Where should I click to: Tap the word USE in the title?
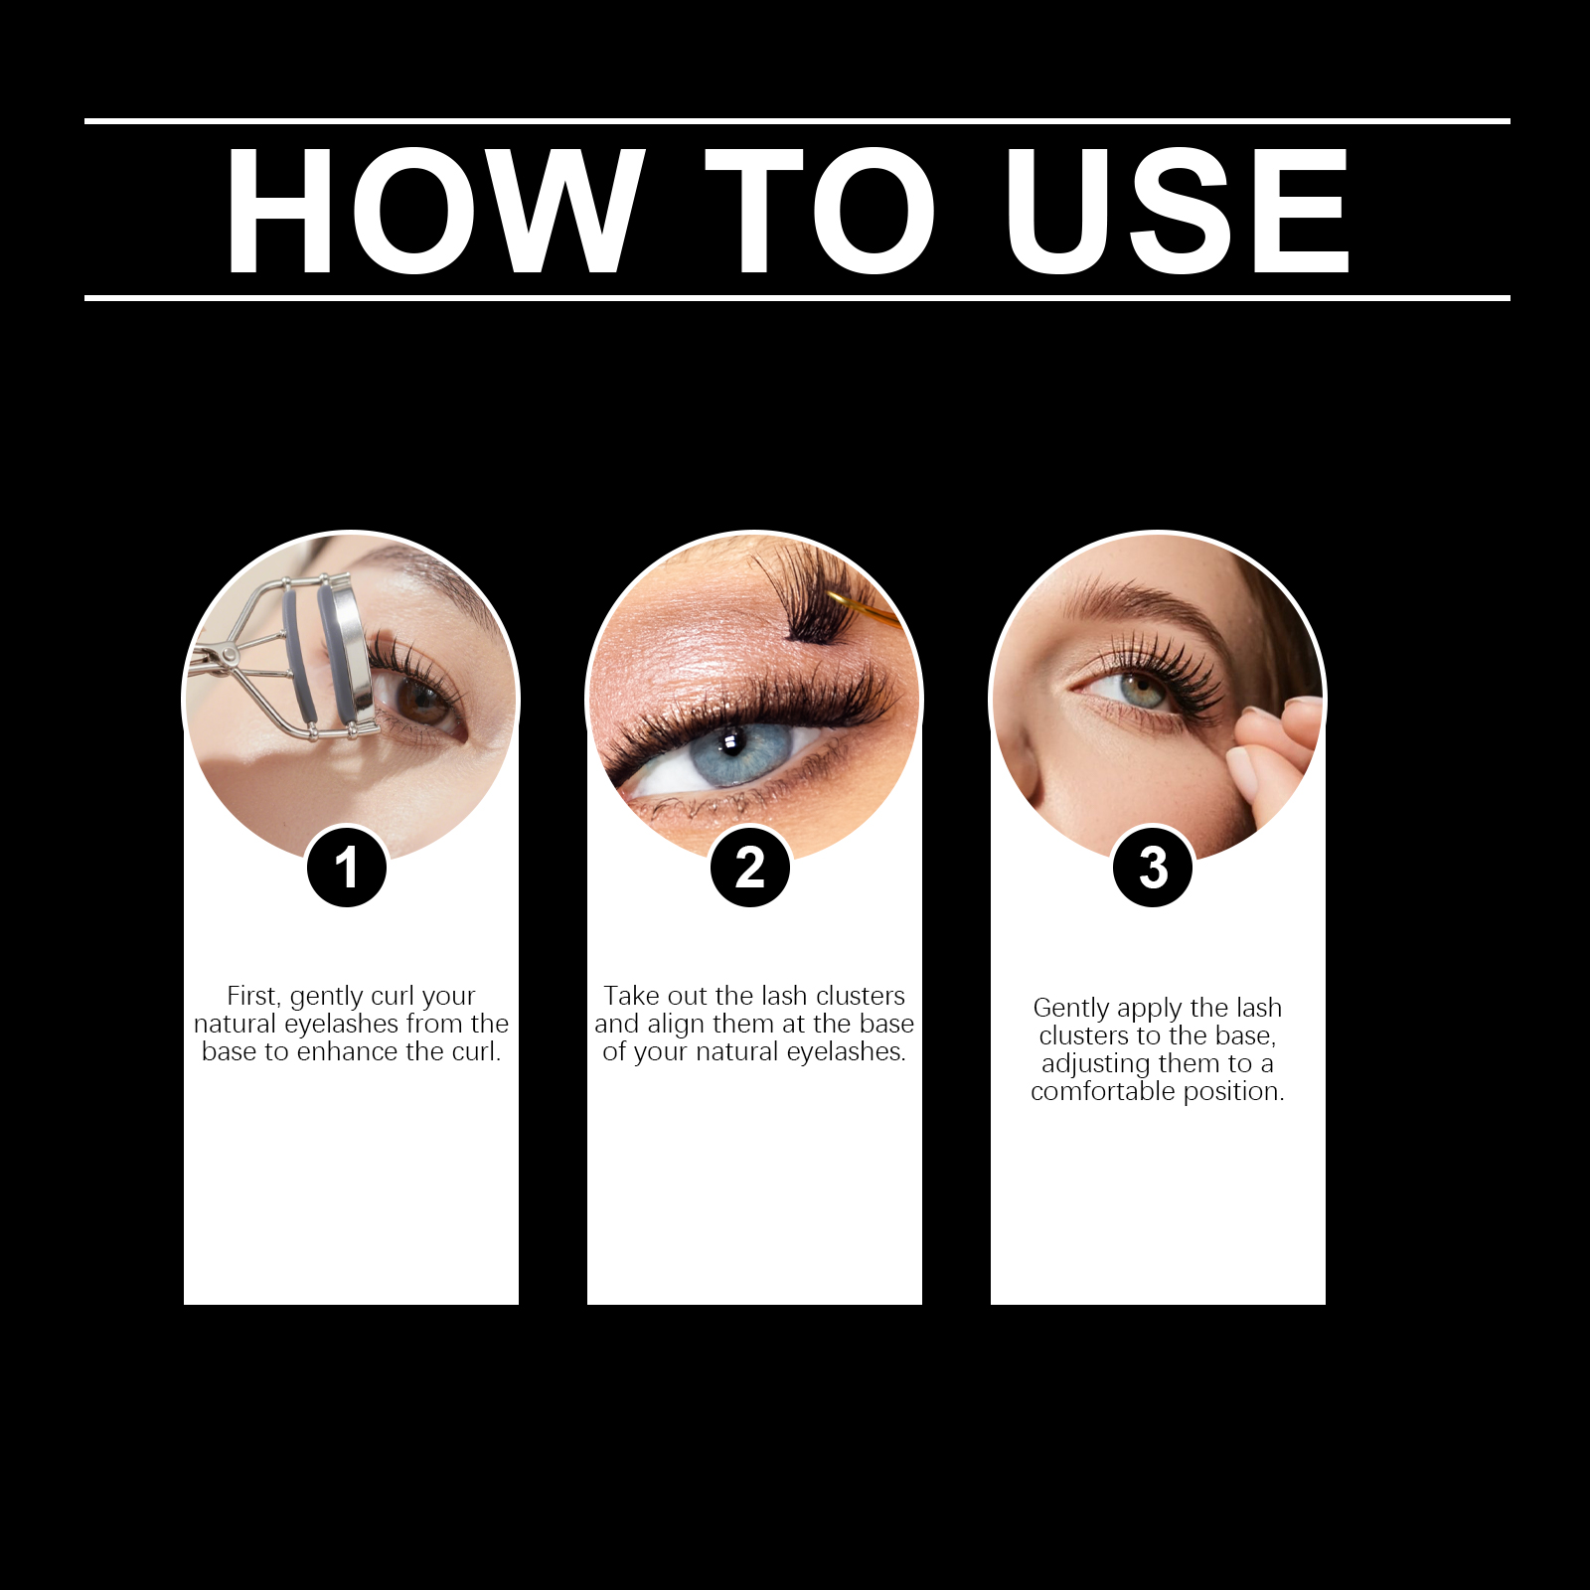[1178, 211]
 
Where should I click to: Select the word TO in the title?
[821, 211]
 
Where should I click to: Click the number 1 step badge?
[347, 868]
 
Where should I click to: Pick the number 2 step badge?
[750, 868]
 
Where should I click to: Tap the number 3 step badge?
[1154, 868]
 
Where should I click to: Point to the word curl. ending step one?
[475, 1051]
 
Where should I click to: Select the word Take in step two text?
[631, 996]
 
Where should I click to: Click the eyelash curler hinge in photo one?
[230, 655]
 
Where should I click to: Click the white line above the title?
[797, 121]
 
